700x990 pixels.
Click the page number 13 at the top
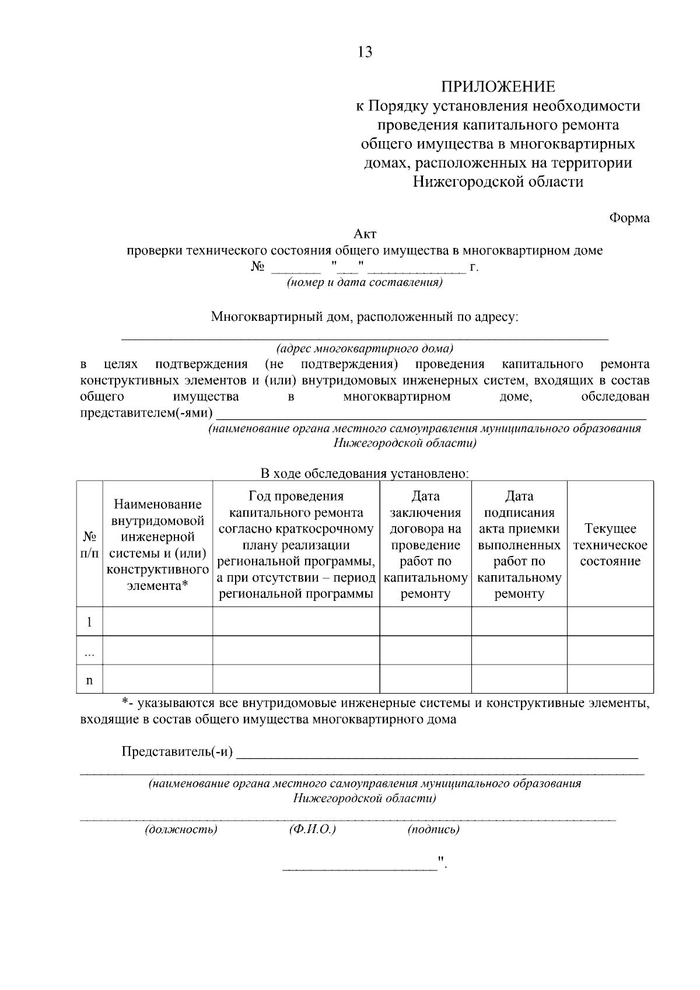pyautogui.click(x=365, y=53)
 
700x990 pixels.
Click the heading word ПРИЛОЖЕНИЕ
pyautogui.click(x=498, y=87)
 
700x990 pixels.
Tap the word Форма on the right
pyautogui.click(x=629, y=218)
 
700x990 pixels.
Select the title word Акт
pyautogui.click(x=365, y=234)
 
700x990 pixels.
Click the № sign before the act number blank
pyautogui.click(x=258, y=267)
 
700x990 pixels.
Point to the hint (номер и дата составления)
pyautogui.click(x=365, y=283)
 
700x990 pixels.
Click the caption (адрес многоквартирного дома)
pyautogui.click(x=365, y=349)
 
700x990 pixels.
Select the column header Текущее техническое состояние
pyautogui.click(x=610, y=545)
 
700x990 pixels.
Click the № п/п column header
pyautogui.click(x=89, y=544)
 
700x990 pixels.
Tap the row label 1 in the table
pyautogui.click(x=89, y=622)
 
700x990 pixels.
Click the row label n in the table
pyautogui.click(x=89, y=680)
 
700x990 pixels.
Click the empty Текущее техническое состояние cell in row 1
pyautogui.click(x=610, y=621)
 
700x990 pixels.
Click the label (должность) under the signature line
pyautogui.click(x=181, y=829)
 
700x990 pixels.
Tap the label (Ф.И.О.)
pyautogui.click(x=312, y=829)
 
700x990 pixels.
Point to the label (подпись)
pyautogui.click(x=433, y=829)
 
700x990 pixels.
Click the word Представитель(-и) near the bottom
pyautogui.click(x=177, y=751)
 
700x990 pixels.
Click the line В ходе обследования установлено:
pyautogui.click(x=365, y=474)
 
